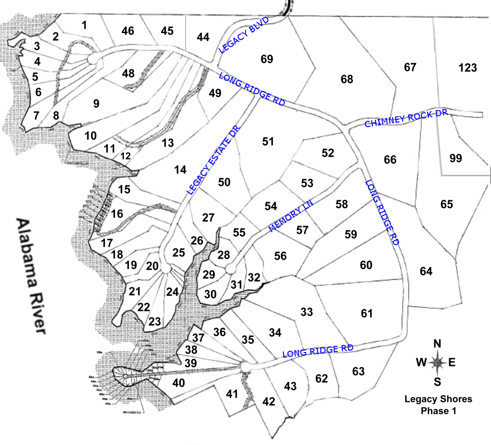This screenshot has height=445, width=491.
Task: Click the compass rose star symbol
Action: pyautogui.click(x=437, y=363)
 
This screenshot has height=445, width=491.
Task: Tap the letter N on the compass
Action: pyautogui.click(x=437, y=344)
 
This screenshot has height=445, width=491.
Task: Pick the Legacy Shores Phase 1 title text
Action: pyautogui.click(x=438, y=405)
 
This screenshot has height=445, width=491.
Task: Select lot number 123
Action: pyautogui.click(x=468, y=68)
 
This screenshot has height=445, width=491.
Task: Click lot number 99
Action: pyautogui.click(x=456, y=158)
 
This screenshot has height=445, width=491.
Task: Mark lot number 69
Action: pyautogui.click(x=267, y=59)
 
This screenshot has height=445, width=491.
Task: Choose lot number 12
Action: pyautogui.click(x=125, y=156)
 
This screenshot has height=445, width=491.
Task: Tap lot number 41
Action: pyautogui.click(x=232, y=394)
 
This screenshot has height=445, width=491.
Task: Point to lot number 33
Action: pyautogui.click(x=306, y=312)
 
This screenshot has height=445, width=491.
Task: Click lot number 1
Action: pyautogui.click(x=84, y=25)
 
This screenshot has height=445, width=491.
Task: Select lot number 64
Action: pyautogui.click(x=426, y=272)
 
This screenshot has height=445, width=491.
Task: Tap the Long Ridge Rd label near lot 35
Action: pyautogui.click(x=317, y=351)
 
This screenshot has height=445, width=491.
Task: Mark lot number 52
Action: pyautogui.click(x=327, y=153)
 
